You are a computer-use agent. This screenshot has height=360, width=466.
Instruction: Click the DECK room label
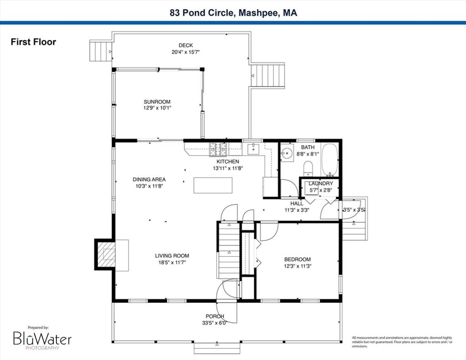186,46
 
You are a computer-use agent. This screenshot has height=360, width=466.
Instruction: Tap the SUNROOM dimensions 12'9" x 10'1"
157,108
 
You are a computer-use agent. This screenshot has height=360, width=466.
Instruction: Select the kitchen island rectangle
213,185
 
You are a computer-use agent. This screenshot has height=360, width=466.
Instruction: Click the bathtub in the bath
329,160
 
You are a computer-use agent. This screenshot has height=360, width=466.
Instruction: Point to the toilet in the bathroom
308,168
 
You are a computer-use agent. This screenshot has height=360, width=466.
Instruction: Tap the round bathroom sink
287,153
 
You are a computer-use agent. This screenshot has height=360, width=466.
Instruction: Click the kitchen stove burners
218,150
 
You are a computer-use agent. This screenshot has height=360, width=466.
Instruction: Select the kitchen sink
253,149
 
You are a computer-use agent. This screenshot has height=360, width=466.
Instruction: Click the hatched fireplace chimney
105,254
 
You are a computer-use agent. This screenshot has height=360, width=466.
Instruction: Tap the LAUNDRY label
321,184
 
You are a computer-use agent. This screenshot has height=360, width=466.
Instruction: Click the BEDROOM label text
298,259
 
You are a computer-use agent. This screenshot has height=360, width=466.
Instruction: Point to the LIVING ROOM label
172,256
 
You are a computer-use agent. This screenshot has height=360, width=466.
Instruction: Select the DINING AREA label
149,180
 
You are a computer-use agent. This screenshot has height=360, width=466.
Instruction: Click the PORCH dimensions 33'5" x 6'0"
215,323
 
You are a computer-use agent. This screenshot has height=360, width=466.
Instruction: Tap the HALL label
297,203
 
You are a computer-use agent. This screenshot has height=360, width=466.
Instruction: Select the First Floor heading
33,42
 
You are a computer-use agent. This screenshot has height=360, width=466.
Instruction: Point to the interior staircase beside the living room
229,250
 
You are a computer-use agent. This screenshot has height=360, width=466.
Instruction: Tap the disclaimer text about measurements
402,342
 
